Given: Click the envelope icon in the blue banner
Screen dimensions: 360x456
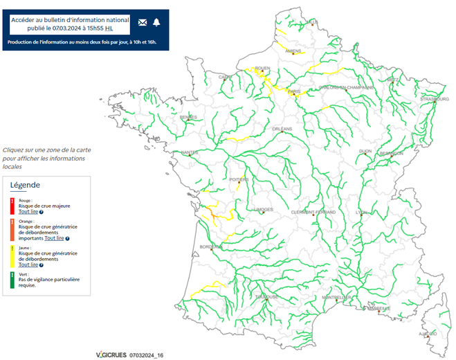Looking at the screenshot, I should [143, 22].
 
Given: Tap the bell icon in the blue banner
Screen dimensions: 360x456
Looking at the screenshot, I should [156, 22].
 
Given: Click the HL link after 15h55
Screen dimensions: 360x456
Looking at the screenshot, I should [109, 28].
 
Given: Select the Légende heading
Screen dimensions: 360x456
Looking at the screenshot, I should [25, 185].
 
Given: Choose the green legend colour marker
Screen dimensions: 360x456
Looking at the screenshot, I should [12, 279].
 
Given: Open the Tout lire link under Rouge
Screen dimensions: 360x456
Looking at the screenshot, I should [28, 211].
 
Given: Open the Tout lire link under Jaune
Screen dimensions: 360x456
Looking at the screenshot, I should [28, 264].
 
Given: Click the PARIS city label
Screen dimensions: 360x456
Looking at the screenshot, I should [295, 91].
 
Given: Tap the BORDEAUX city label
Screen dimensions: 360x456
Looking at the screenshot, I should [210, 246].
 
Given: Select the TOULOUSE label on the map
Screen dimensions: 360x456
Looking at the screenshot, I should [266, 296].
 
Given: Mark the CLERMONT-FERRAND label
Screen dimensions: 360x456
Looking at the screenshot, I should [313, 211].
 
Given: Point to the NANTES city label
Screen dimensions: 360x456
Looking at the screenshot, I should [189, 152].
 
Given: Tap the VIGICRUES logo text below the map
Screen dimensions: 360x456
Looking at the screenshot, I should [111, 354].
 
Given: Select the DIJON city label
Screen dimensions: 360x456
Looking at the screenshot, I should [365, 150].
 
